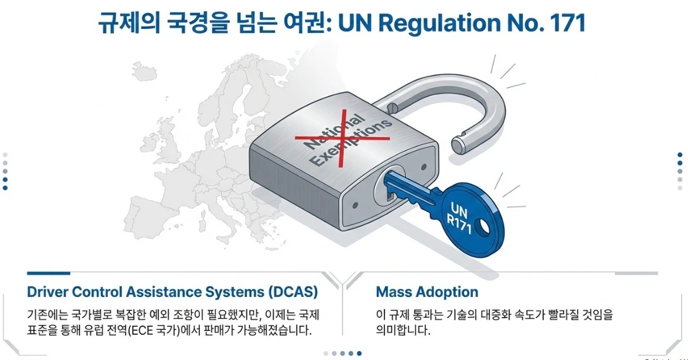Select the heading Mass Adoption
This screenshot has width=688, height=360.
pos(427,292)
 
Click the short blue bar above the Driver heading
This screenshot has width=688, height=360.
pos(48,273)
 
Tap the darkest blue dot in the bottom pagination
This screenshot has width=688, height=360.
pos(360,354)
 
